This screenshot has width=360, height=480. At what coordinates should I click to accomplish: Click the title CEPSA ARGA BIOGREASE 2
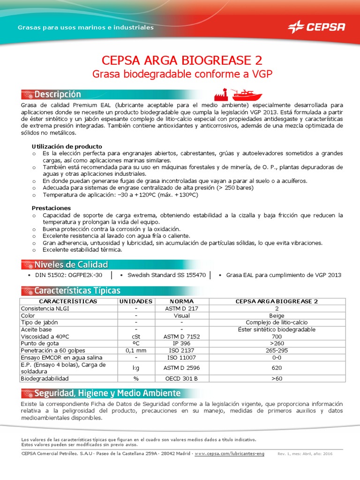(182, 60)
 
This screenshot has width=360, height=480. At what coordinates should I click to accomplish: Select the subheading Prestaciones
(51, 208)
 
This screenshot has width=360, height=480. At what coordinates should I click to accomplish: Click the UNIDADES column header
(135, 301)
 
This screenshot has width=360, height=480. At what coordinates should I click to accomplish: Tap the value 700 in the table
(276, 337)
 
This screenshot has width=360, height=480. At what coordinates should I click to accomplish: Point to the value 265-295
(276, 351)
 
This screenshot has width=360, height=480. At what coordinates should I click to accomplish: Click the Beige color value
(276, 315)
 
